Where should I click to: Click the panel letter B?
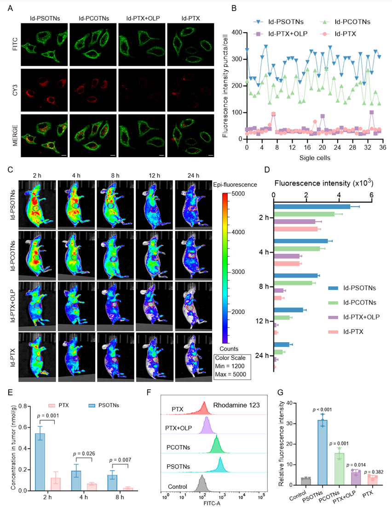235,8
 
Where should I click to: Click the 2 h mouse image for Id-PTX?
37,357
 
